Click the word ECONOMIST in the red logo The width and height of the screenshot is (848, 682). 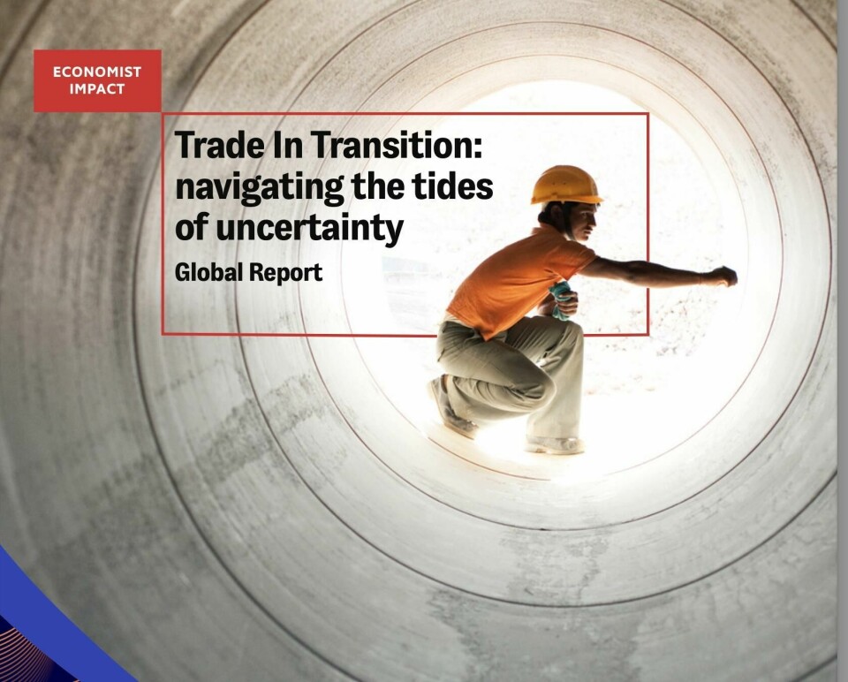[97, 72]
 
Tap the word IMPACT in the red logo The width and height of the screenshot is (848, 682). [97, 89]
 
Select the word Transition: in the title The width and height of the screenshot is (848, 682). [396, 145]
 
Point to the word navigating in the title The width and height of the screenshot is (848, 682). [259, 187]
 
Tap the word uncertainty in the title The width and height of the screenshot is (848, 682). [309, 228]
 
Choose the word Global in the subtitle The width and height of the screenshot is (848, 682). [208, 271]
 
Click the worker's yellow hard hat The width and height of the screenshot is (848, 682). [566, 186]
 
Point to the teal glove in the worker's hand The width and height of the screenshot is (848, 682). [561, 299]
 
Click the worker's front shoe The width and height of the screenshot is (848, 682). [555, 444]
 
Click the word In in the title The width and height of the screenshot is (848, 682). [287, 145]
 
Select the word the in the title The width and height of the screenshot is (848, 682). [378, 186]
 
